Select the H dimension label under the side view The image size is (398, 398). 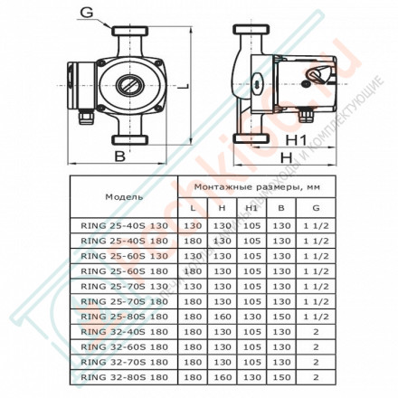[287, 158]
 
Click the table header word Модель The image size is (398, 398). [124, 194]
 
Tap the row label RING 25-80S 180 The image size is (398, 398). [123, 317]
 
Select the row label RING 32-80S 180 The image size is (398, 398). [123, 376]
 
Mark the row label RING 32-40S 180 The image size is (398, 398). [123, 332]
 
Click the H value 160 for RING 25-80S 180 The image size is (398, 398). [221, 317]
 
